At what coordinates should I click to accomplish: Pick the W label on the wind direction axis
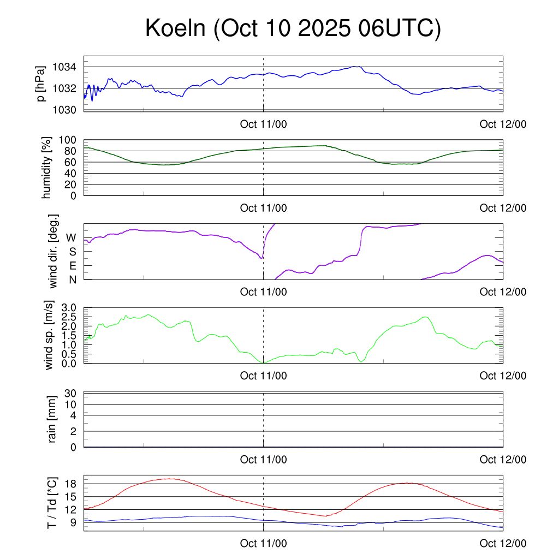(x=71, y=237)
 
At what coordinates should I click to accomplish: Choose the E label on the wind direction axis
(x=72, y=265)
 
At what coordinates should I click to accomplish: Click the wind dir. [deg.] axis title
(x=53, y=252)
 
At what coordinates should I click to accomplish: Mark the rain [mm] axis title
(x=52, y=420)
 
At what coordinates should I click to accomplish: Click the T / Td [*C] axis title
(x=52, y=503)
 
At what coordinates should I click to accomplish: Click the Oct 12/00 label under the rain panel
(x=503, y=460)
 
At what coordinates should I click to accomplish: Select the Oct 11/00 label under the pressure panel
(x=263, y=124)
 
